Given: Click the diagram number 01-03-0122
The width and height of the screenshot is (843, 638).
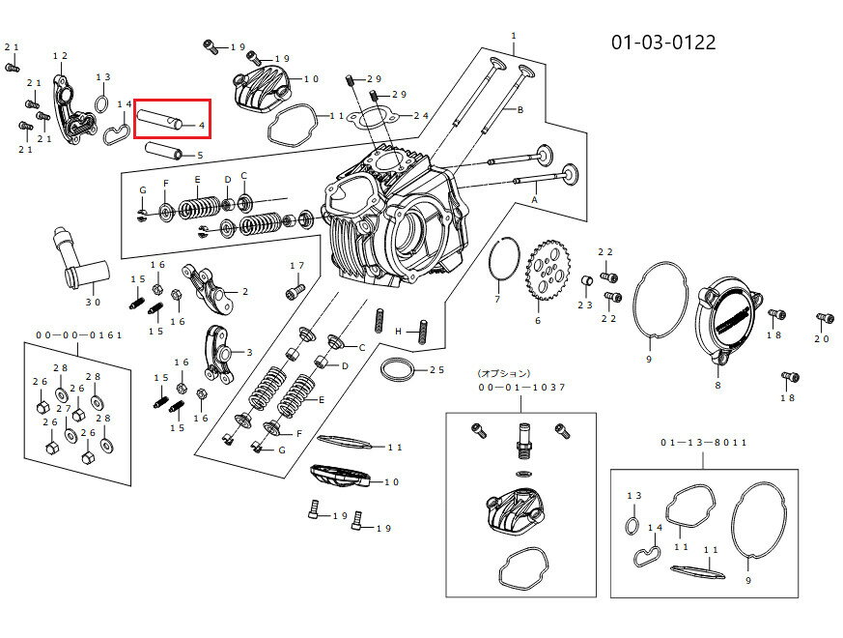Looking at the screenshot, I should (663, 43).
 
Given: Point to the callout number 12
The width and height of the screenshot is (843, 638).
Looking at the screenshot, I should (60, 56).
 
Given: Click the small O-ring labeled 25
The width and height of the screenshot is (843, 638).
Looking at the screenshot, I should (399, 369).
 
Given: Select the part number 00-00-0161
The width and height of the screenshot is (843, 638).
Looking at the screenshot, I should (79, 334).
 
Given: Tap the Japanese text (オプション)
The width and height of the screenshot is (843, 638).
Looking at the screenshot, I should (503, 373).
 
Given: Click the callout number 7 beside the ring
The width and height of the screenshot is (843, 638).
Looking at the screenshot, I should (497, 300).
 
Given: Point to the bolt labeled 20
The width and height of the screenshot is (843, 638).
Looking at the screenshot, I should (823, 318).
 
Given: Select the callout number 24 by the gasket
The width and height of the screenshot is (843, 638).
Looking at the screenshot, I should (421, 116).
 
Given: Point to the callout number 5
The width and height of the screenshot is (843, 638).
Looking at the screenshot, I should (200, 156).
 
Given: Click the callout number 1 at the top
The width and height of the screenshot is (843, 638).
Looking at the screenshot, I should (514, 36).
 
